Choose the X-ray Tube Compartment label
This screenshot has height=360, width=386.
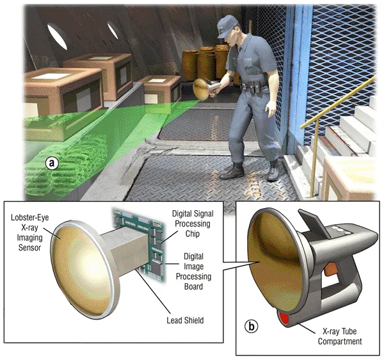click(333, 336)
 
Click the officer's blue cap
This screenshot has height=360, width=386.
click(228, 26)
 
